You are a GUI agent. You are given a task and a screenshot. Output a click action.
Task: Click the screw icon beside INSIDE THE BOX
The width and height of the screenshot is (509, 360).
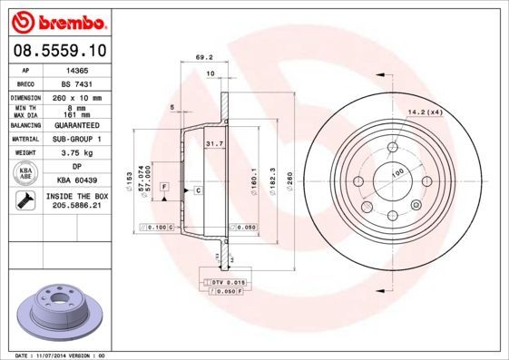(x=24, y=200)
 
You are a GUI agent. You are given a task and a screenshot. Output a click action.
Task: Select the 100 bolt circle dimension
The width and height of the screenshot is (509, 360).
(x=396, y=171)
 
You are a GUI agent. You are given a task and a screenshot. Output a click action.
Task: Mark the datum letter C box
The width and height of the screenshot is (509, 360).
(x=197, y=190)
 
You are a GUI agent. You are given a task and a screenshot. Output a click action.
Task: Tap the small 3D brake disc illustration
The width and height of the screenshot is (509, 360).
(x=57, y=309)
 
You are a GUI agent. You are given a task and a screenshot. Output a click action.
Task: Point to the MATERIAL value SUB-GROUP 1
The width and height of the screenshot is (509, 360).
(x=73, y=139)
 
